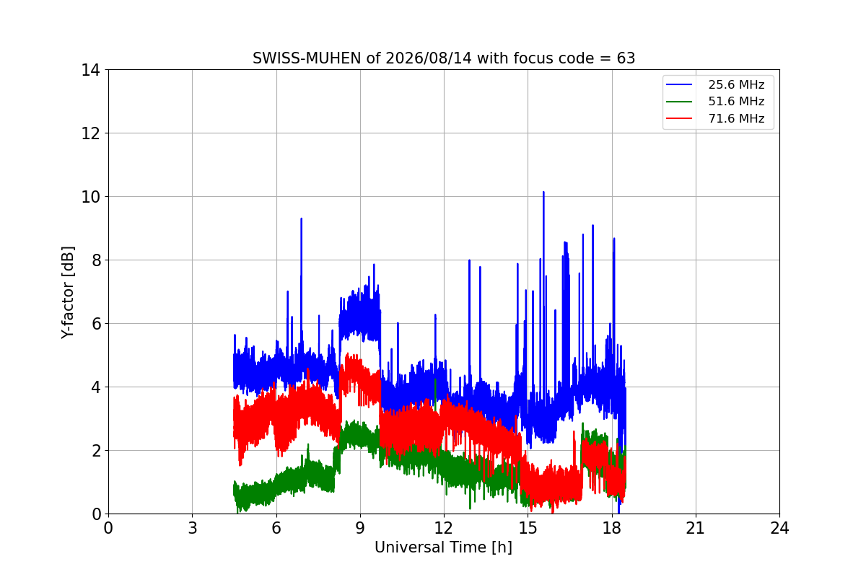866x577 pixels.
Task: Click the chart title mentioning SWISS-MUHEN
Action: tap(444, 58)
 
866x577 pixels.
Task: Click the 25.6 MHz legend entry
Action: tap(715, 84)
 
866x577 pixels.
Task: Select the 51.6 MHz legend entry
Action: tap(715, 101)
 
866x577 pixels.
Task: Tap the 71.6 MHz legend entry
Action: tap(715, 118)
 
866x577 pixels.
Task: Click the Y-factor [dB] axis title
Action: tap(68, 293)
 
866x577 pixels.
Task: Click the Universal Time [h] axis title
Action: tap(443, 547)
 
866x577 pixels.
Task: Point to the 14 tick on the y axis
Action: tap(90, 71)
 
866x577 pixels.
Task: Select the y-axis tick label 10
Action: tap(90, 197)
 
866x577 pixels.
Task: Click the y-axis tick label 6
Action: tap(96, 324)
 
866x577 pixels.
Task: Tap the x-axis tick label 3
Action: tap(193, 528)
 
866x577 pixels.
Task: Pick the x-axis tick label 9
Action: tap(360, 528)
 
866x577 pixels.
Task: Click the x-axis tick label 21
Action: tap(696, 528)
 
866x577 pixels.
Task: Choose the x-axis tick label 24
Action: tap(779, 528)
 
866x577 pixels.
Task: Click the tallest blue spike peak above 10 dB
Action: tap(543, 192)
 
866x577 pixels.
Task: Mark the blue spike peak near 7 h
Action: tap(302, 219)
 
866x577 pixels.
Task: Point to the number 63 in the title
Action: tap(626, 58)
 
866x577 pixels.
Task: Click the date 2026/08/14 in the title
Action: tap(429, 58)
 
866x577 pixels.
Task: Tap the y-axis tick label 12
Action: tap(90, 133)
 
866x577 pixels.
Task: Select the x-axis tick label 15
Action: tap(528, 528)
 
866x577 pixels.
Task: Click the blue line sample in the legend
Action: tap(679, 84)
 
